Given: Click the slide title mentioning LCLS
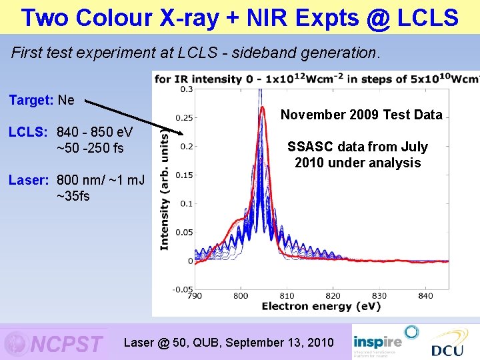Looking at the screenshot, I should [x=239, y=17].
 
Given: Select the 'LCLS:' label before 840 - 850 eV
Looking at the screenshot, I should [x=27, y=131].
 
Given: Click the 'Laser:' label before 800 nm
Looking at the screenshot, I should [x=28, y=179].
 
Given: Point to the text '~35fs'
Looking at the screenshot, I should [x=73, y=196].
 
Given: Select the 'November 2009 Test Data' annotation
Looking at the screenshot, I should [x=361, y=115].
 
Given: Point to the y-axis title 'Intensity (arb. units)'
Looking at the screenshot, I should [x=164, y=189].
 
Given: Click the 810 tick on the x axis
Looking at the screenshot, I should [x=286, y=295].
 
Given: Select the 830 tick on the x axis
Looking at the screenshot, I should [x=379, y=295].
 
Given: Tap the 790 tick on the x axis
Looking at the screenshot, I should [x=195, y=295].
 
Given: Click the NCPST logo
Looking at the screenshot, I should [x=55, y=343].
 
